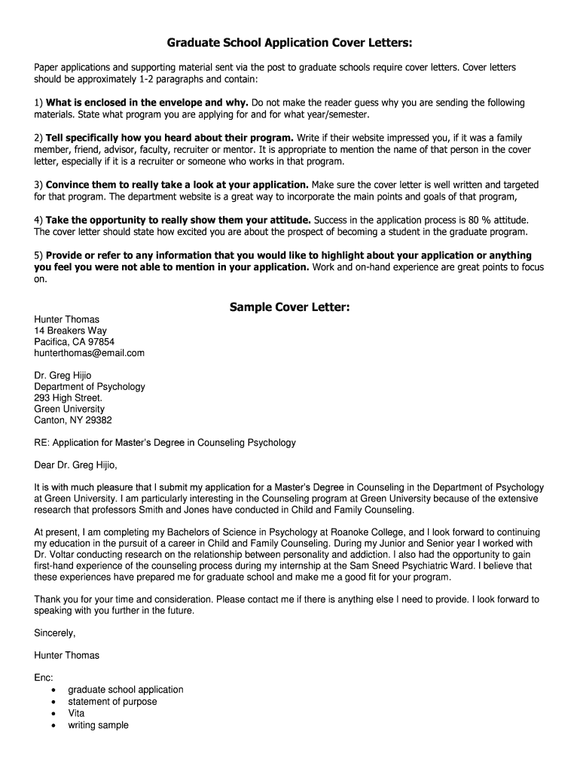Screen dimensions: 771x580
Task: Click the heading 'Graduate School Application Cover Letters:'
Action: [289, 43]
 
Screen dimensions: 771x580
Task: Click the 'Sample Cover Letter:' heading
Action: [289, 306]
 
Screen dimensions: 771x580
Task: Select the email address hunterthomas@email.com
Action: [89, 352]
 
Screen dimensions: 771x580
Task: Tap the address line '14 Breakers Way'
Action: [70, 331]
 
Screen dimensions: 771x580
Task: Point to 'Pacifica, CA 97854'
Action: [74, 342]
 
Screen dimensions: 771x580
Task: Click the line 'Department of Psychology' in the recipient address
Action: [89, 386]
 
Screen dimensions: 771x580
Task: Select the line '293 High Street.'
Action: [68, 398]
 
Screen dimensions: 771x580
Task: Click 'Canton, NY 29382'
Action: [72, 420]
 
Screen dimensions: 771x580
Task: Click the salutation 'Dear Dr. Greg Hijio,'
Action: [76, 465]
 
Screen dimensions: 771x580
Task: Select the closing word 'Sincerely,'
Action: [55, 632]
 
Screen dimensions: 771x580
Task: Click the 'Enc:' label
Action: [44, 678]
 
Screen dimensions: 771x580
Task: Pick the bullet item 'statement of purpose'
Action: [112, 702]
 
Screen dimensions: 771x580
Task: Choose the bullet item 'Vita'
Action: [76, 713]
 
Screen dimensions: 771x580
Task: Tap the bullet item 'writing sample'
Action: [98, 725]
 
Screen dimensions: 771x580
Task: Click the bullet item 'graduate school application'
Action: [125, 690]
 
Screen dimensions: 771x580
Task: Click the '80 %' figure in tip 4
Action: [469, 220]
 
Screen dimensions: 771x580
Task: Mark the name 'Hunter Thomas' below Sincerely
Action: [66, 655]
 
